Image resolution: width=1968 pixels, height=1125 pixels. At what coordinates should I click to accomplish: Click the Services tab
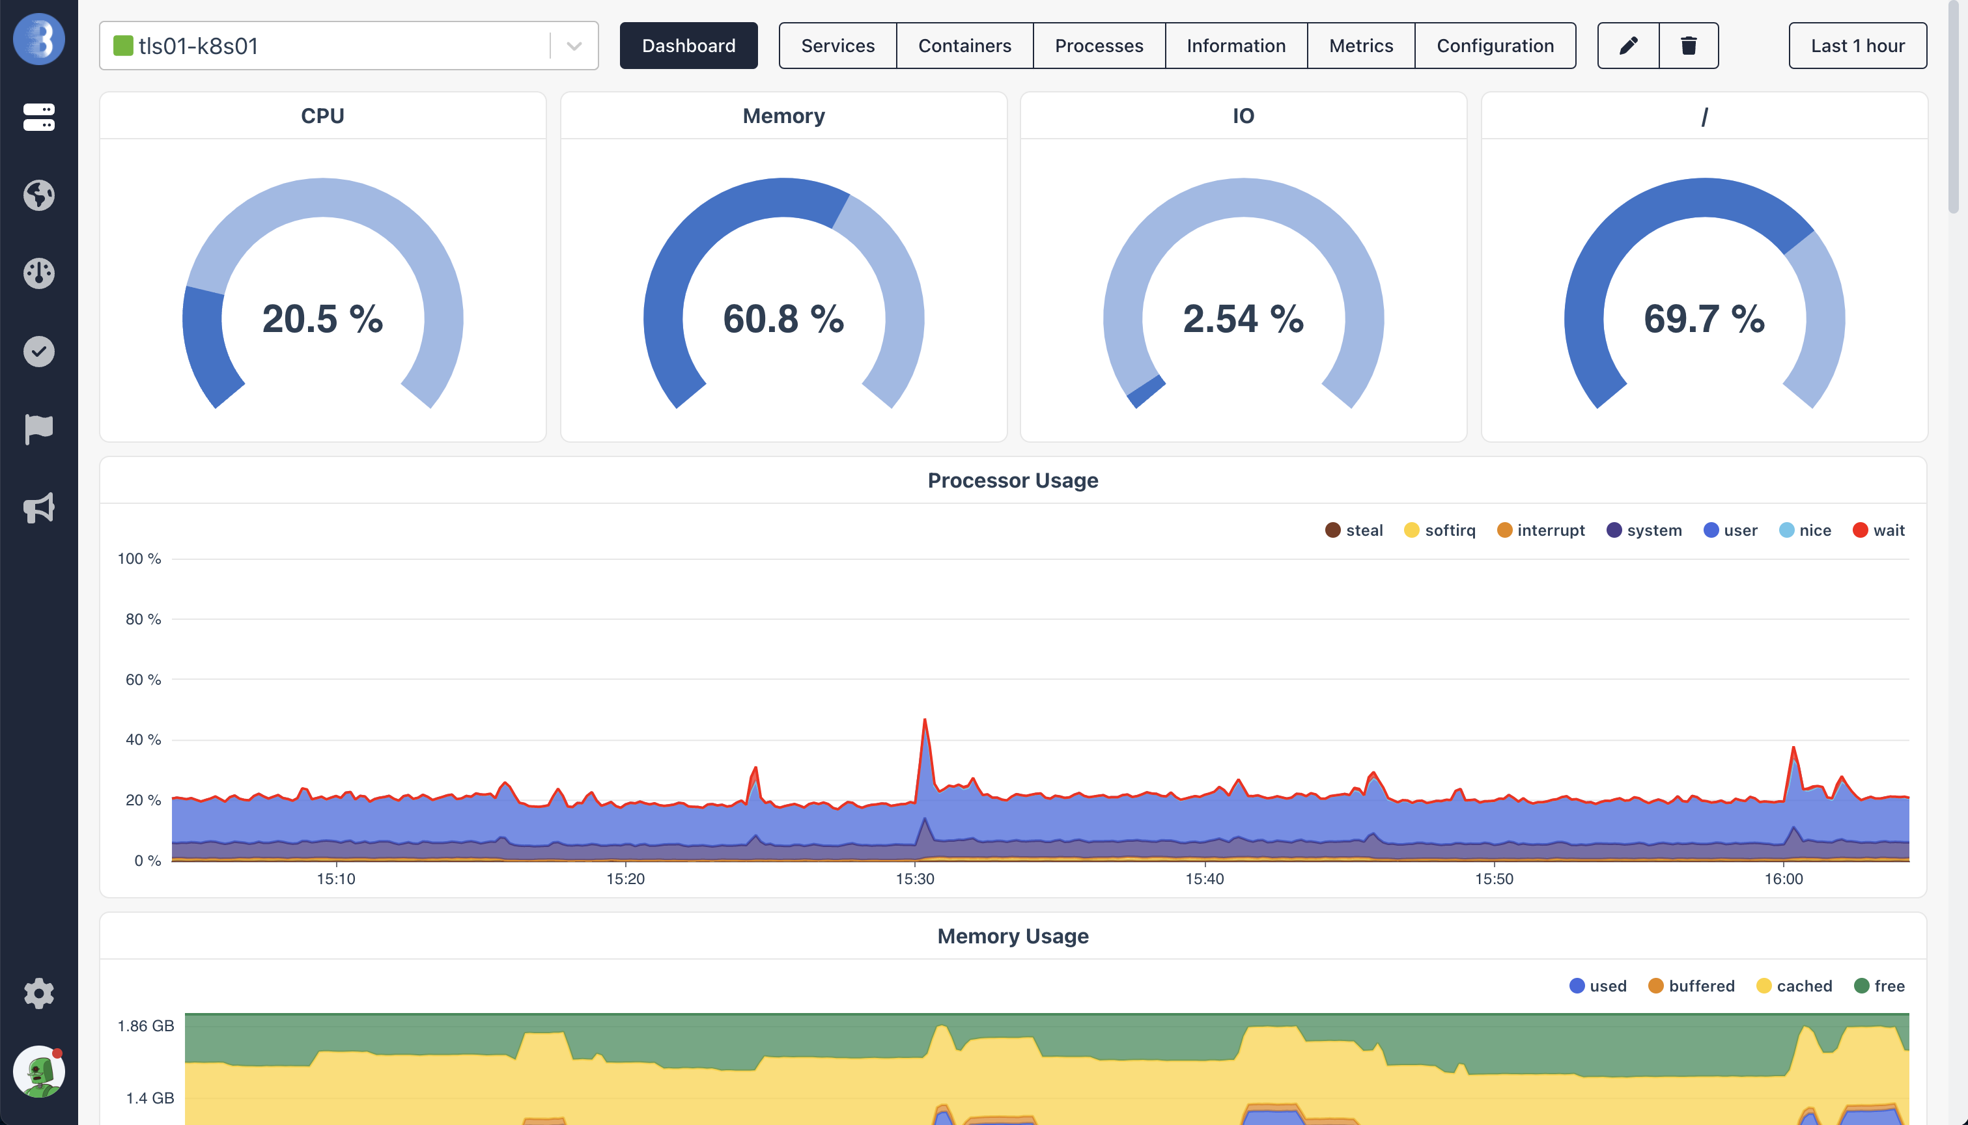point(837,46)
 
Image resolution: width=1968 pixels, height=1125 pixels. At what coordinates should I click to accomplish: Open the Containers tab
point(964,46)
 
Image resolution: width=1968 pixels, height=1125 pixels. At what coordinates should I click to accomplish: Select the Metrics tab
point(1360,46)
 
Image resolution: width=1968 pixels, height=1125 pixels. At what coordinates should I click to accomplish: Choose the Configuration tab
point(1495,46)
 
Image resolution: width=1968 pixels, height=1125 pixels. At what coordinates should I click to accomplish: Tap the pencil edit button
point(1628,46)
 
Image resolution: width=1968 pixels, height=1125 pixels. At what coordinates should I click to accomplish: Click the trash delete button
point(1688,46)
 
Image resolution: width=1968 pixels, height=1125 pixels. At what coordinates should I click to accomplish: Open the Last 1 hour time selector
point(1857,46)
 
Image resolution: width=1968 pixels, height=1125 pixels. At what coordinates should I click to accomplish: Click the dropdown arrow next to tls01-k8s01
point(573,46)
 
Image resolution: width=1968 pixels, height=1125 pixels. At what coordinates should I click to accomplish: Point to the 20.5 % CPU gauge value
point(322,319)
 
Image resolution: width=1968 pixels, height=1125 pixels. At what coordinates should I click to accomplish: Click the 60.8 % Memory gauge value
point(783,319)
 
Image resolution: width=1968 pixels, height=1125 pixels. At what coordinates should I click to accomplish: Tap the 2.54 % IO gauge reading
point(1243,319)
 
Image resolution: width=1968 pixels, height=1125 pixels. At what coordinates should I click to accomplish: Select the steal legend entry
point(1354,530)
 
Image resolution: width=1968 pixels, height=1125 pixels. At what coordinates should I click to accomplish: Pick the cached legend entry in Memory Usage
point(1794,986)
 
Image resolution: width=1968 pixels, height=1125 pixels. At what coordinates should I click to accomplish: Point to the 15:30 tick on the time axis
point(915,878)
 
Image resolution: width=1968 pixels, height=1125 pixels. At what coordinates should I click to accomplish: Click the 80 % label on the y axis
point(143,619)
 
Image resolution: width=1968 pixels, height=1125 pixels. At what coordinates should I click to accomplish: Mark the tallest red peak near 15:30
point(924,720)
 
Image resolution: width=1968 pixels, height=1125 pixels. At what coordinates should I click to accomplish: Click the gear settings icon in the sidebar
point(38,993)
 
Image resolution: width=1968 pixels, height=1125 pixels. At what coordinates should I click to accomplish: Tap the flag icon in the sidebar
point(38,429)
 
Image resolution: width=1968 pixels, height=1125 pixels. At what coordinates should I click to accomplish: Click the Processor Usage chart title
point(1012,480)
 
